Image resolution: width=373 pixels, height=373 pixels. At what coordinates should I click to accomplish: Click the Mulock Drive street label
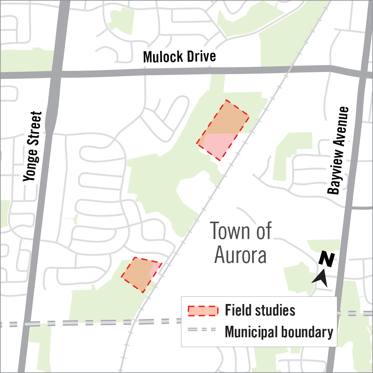[179, 57]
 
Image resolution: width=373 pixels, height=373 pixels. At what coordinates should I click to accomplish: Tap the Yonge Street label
[33, 146]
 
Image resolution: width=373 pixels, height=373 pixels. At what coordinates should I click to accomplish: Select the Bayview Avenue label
[338, 150]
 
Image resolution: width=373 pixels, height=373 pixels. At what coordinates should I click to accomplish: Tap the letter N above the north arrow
[327, 260]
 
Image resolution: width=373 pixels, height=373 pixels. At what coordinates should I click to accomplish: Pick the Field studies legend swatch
[203, 311]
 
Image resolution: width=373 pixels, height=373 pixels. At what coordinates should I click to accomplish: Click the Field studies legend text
[260, 310]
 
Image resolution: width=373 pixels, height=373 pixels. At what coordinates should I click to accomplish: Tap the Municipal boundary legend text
[279, 332]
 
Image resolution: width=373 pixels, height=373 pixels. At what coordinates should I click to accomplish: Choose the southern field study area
[140, 274]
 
